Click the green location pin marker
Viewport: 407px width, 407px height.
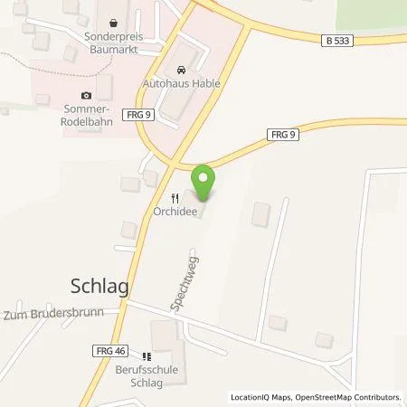tap(203, 182)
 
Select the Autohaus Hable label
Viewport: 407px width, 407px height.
tap(182, 82)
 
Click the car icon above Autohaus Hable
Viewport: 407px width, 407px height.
tap(182, 68)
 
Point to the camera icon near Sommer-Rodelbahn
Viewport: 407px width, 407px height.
tap(86, 95)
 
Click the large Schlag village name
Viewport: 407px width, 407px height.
tap(99, 286)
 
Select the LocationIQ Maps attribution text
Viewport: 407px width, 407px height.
tap(263, 397)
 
